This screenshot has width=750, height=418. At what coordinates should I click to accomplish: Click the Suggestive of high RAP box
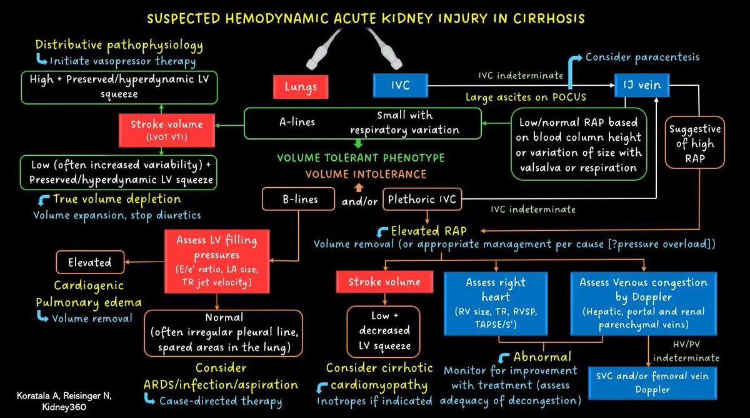pyautogui.click(x=694, y=143)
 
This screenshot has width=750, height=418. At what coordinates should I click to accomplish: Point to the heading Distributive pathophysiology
pyautogui.click(x=119, y=45)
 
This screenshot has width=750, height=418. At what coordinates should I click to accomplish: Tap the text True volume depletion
pyautogui.click(x=117, y=200)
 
